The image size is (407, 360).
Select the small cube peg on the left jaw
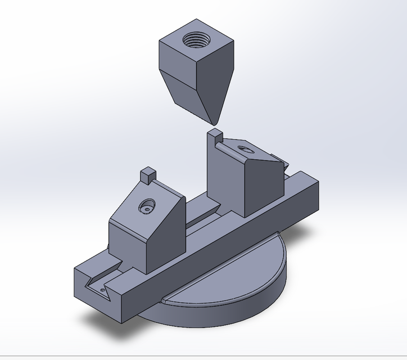(148, 175)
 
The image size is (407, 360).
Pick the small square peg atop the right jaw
(215, 135)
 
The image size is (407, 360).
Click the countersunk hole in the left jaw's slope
(147, 206)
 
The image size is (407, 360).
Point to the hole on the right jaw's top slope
(245, 150)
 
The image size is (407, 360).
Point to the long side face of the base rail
(225, 253)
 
